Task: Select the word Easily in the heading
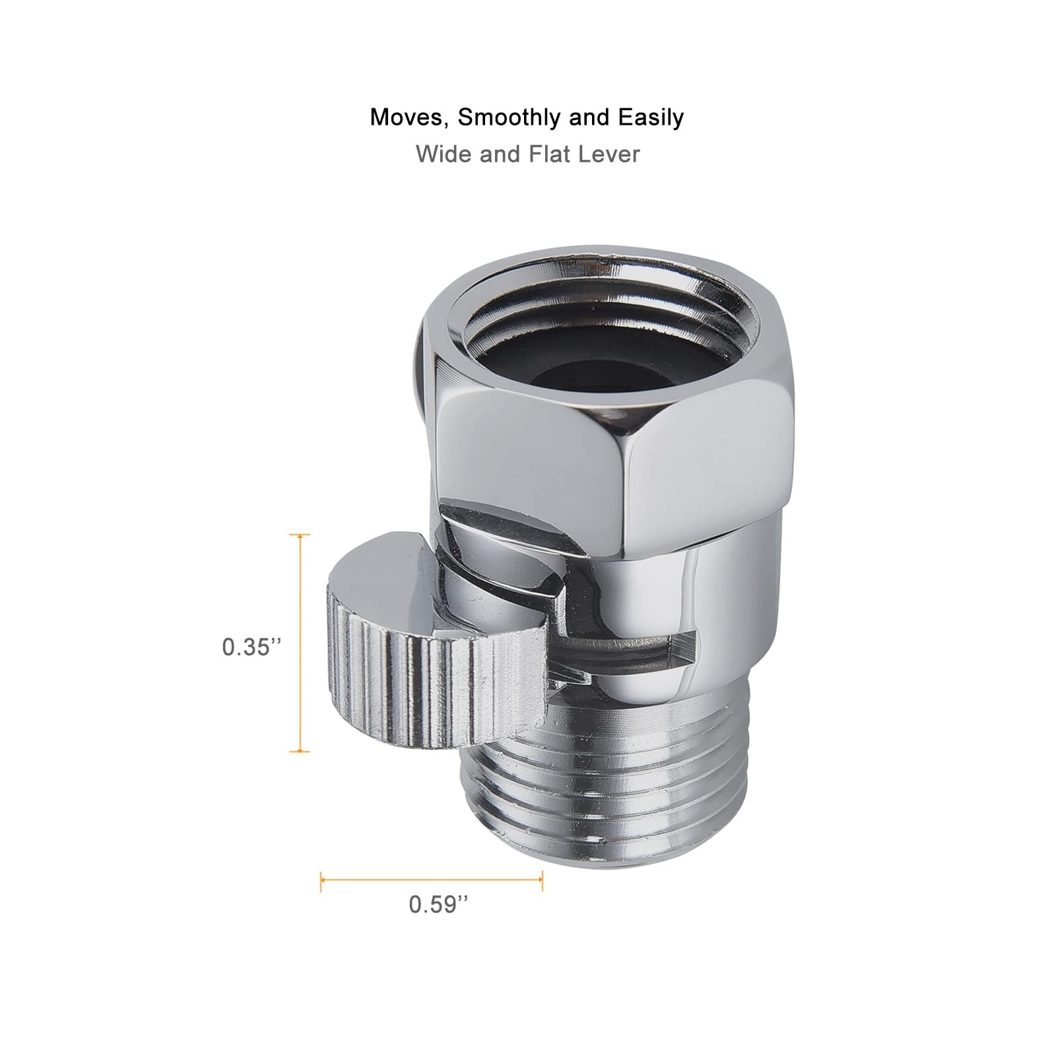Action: (651, 117)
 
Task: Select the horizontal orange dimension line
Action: (432, 878)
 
